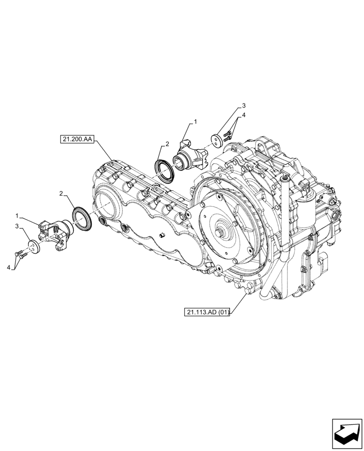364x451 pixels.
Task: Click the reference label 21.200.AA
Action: tap(76, 140)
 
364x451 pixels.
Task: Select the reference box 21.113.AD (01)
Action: tap(207, 312)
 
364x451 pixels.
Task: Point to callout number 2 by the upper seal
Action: tap(167, 144)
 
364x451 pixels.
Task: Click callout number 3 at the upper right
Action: tap(243, 106)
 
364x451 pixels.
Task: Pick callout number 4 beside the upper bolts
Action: tap(243, 115)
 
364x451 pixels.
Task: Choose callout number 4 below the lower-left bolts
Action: tap(9, 267)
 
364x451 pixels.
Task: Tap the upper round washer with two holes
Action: tap(217, 140)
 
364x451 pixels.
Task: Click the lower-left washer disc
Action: tap(34, 248)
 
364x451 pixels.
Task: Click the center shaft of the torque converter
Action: tap(223, 234)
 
